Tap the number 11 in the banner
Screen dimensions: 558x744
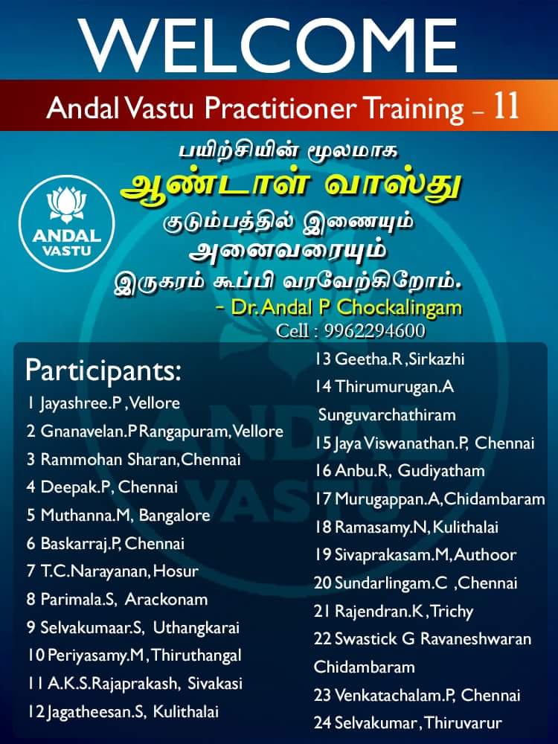point(505,106)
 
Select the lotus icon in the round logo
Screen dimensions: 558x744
point(66,204)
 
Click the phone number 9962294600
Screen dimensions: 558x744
point(374,331)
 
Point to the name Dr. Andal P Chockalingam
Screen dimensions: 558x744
point(347,307)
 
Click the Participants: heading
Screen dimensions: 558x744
point(103,371)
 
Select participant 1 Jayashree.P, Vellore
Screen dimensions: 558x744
point(103,403)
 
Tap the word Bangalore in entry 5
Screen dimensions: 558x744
point(174,516)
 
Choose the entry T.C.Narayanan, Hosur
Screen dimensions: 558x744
point(112,571)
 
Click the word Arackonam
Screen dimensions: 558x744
point(166,599)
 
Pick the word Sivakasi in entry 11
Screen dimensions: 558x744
point(215,684)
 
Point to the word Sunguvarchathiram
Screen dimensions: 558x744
point(387,415)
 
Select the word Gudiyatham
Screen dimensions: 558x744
point(441,471)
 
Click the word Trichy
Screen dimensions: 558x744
point(452,611)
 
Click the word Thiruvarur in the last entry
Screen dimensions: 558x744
point(463,723)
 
